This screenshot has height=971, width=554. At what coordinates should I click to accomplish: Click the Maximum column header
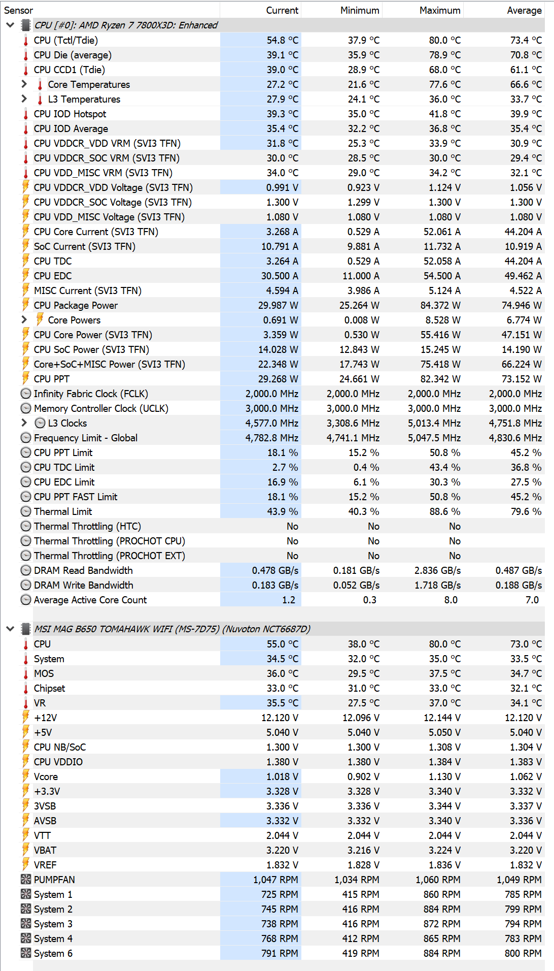click(439, 10)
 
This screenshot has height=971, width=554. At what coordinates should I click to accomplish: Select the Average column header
click(524, 10)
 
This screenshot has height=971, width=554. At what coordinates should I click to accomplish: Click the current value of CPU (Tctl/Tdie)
click(283, 40)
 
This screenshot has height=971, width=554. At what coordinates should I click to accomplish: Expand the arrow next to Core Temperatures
click(24, 84)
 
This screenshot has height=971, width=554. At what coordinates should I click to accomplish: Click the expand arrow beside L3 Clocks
click(24, 423)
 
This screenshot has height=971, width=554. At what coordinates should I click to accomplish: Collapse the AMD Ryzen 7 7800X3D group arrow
click(10, 25)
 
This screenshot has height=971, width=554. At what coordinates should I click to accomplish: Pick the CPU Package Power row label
click(76, 305)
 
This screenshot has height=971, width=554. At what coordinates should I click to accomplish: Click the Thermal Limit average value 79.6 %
click(526, 511)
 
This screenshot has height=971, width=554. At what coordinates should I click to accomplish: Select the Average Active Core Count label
click(90, 600)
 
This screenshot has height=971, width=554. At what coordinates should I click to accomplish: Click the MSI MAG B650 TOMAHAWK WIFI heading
click(172, 629)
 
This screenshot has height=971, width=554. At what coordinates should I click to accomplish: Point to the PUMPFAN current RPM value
click(275, 880)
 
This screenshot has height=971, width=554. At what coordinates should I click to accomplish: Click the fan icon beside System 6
click(26, 953)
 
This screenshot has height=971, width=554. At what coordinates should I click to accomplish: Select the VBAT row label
click(45, 850)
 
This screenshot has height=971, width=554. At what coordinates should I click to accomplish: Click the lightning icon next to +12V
click(26, 717)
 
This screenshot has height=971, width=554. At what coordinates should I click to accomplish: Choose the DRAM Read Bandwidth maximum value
click(437, 570)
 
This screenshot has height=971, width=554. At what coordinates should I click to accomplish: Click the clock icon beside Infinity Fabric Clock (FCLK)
click(26, 394)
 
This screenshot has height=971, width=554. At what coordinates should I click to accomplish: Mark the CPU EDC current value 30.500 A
click(280, 276)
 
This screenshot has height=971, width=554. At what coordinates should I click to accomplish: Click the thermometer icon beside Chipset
click(26, 688)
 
